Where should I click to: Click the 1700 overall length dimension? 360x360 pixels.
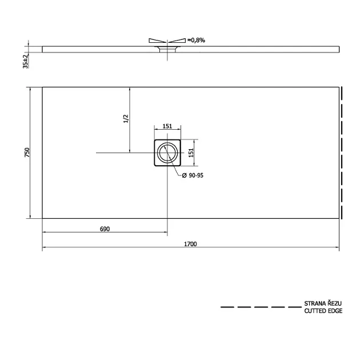[190, 244]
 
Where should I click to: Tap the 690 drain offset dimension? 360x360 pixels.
[105, 229]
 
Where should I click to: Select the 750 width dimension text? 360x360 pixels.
[27, 153]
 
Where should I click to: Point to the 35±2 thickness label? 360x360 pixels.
[26, 61]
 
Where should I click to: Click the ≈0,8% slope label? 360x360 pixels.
[197, 40]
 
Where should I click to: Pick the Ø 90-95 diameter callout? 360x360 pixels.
[193, 175]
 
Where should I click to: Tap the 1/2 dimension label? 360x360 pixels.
[126, 119]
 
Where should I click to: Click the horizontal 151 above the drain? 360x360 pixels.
[167, 126]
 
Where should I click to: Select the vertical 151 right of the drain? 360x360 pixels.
[191, 153]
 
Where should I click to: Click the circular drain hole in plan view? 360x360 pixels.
[158, 153]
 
